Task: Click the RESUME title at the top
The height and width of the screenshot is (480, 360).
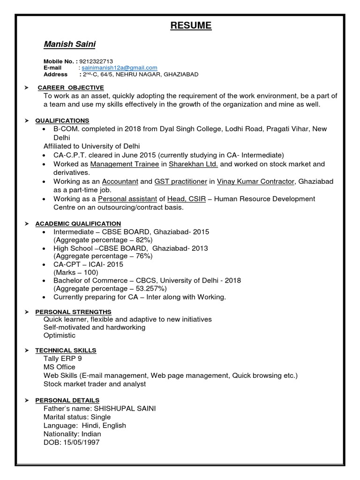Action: tap(191, 25)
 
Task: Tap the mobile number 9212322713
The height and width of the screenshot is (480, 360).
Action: tap(96, 61)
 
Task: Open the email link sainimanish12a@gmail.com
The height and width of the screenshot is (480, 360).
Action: tap(120, 68)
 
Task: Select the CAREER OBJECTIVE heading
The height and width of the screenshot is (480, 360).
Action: tap(71, 88)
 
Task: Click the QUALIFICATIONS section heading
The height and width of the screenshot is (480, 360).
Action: tap(62, 120)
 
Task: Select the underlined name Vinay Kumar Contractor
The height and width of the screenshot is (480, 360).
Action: tap(256, 181)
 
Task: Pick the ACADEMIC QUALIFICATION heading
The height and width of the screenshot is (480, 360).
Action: tap(78, 224)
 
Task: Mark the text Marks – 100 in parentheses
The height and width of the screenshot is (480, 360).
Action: tap(75, 272)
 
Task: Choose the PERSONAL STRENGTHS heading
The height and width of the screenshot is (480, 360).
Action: tap(74, 312)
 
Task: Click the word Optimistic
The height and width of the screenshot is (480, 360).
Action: tap(60, 336)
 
